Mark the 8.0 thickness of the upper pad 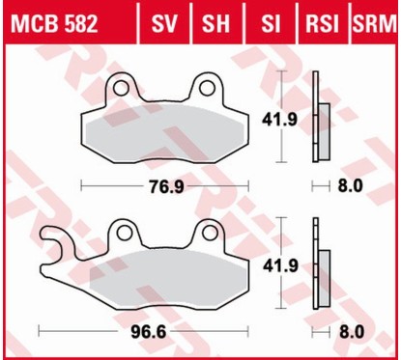click(353, 184)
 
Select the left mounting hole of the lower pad click(122, 232)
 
